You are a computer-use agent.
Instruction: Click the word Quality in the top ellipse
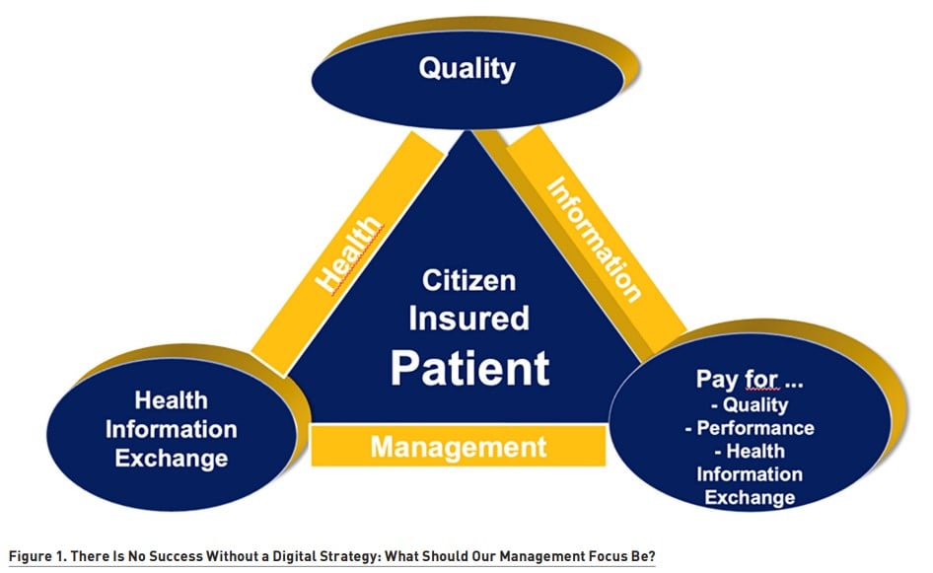[467, 69]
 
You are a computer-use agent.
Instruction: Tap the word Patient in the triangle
[470, 368]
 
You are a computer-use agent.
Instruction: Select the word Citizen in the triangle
[468, 281]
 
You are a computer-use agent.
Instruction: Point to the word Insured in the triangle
[468, 318]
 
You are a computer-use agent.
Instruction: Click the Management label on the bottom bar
[459, 447]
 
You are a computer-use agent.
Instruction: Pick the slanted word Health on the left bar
[348, 254]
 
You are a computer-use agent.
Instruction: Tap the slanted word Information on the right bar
[594, 240]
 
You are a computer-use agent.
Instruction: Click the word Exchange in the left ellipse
[172, 459]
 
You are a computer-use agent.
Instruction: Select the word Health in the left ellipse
[172, 400]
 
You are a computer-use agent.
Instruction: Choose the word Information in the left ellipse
[172, 429]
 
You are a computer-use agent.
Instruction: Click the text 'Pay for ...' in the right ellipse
[750, 379]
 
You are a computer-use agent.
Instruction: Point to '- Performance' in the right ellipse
[750, 428]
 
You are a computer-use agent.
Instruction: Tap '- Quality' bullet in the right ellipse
[750, 404]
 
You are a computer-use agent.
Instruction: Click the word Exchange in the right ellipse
[750, 497]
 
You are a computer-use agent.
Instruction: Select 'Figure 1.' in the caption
[38, 557]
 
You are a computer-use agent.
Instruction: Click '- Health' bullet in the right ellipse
[750, 451]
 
